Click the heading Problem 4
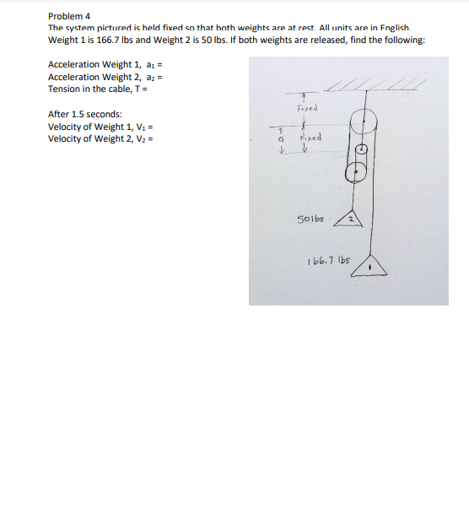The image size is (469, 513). (69, 16)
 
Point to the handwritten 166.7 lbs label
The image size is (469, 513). (330, 262)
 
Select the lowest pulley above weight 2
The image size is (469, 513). (355, 172)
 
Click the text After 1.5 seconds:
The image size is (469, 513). (85, 114)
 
